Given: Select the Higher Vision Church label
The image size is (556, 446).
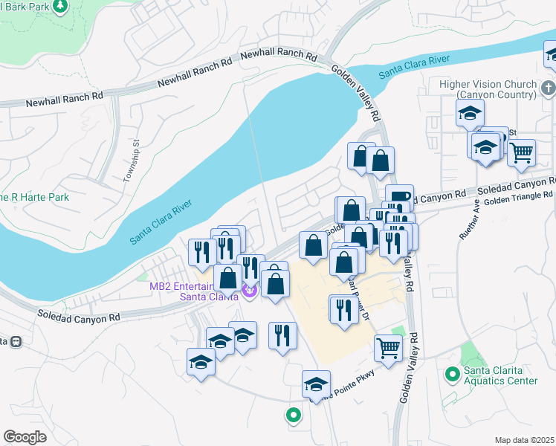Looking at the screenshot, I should point(497,89).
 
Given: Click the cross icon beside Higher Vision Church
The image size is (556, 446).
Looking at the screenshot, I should point(548,89).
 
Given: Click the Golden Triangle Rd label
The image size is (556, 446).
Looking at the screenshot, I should point(519,197).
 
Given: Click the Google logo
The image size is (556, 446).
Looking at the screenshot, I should point(25,436).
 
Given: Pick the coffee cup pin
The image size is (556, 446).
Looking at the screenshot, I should point(399,197).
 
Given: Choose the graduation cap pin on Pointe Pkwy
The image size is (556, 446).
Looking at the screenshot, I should point(316,384).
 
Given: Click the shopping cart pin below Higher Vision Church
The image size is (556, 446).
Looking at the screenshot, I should point(522,152).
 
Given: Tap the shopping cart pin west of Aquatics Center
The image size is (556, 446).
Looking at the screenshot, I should point(389,347).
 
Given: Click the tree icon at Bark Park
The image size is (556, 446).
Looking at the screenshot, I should point(61,6).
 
